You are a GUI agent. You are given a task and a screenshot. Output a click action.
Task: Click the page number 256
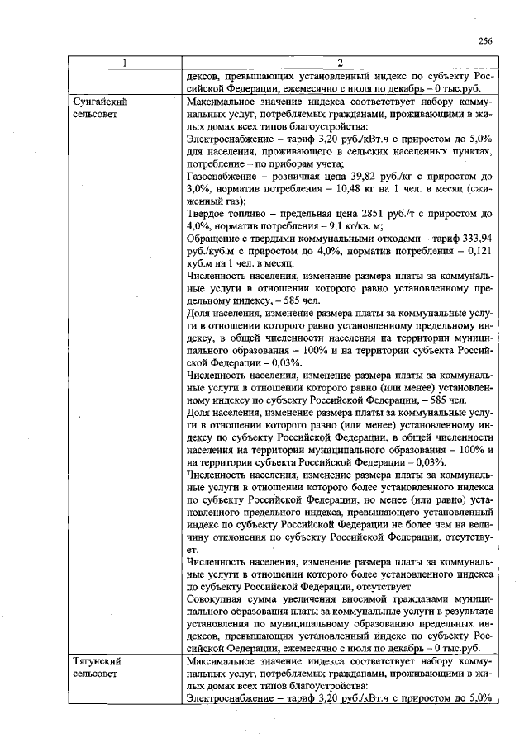pyautogui.click(x=485, y=41)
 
